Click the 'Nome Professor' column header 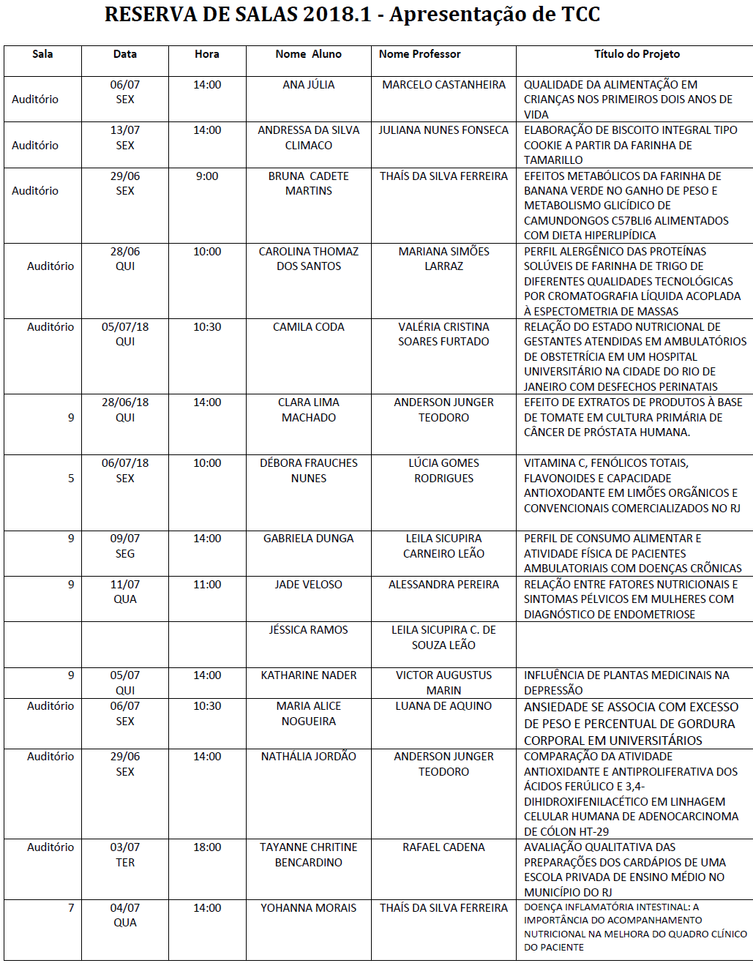tap(419, 54)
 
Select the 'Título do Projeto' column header tap(637, 54)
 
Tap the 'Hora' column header tap(207, 54)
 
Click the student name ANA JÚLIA tap(308, 85)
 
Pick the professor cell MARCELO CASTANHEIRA tap(443, 85)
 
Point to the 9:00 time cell tap(207, 176)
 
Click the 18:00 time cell tap(207, 847)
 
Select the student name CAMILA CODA tap(308, 327)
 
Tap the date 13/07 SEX tap(125, 138)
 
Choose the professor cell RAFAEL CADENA tap(443, 847)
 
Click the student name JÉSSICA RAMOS tap(308, 630)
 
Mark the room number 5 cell tap(71, 479)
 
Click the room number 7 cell tap(71, 908)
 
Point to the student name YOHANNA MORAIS tap(308, 908)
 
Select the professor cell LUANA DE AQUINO tap(443, 706)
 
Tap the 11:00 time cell tap(207, 585)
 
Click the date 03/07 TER tap(125, 855)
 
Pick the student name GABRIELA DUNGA tap(308, 539)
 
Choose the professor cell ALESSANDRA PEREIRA tap(443, 585)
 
